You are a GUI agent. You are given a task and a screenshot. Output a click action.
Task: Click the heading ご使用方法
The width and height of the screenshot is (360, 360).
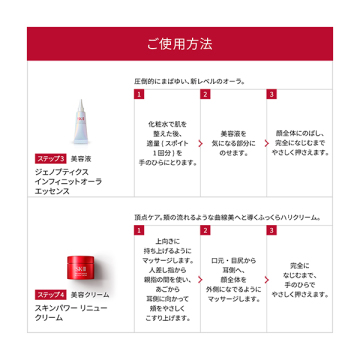[x=179, y=44]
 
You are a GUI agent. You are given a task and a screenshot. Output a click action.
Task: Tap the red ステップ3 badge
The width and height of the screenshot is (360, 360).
[x=51, y=159]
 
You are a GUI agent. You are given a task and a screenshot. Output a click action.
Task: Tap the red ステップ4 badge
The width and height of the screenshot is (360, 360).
[x=51, y=295]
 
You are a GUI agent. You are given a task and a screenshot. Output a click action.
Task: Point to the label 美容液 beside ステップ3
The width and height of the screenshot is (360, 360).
[x=82, y=159]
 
